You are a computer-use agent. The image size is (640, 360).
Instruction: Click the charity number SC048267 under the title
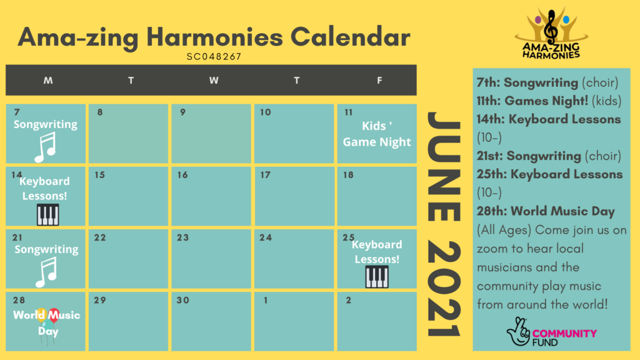pyautogui.click(x=214, y=57)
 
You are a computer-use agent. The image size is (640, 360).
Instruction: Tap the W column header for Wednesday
pyautogui.click(x=214, y=81)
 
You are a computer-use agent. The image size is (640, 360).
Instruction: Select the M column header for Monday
pyautogui.click(x=48, y=81)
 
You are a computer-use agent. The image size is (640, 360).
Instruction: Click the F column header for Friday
pyautogui.click(x=379, y=81)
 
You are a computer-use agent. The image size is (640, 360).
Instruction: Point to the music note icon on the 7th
pyautogui.click(x=45, y=147)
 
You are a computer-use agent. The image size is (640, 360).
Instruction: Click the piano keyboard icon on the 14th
pyautogui.click(x=47, y=214)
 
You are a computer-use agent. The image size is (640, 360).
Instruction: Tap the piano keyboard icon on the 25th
pyautogui.click(x=377, y=277)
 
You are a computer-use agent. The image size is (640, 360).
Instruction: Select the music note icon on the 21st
pyautogui.click(x=46, y=272)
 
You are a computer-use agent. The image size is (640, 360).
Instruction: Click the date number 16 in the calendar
pyautogui.click(x=182, y=175)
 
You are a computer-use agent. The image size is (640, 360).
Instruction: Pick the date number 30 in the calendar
pyautogui.click(x=183, y=301)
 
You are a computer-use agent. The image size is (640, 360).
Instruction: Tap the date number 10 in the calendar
pyautogui.click(x=266, y=112)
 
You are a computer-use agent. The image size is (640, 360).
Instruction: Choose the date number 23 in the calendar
pyautogui.click(x=183, y=237)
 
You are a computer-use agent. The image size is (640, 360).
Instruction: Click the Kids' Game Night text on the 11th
pyautogui.click(x=377, y=134)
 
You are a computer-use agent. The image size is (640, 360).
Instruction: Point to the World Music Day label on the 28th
pyautogui.click(x=46, y=323)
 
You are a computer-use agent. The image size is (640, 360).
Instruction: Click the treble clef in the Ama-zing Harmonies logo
pyautogui.click(x=552, y=27)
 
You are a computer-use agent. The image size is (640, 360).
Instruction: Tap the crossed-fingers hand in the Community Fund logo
pyautogui.click(x=518, y=331)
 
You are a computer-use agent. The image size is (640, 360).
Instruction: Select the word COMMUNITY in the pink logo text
pyautogui.click(x=564, y=334)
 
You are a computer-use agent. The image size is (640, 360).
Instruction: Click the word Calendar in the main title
pyautogui.click(x=350, y=37)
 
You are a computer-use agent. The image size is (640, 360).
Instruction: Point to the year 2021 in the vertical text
pyautogui.click(x=444, y=289)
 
